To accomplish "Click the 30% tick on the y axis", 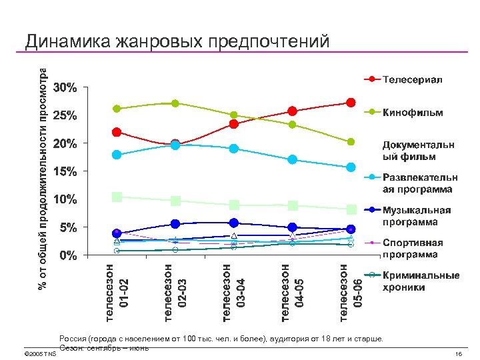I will coord(65,88).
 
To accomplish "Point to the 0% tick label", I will coord(65,255).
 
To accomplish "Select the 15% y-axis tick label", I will coord(65,171).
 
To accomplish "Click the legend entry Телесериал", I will coord(411,80).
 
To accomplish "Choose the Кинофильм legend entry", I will coord(411,113).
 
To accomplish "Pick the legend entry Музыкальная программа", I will coord(416,215).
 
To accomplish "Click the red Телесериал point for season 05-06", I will coord(351,103).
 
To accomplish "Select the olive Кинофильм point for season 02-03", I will coord(175,103).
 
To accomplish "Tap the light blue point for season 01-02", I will coord(117,155).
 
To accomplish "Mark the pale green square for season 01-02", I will coord(117,197).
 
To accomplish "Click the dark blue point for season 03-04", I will coord(233,223).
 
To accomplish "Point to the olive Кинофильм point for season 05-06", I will coord(351,142).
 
